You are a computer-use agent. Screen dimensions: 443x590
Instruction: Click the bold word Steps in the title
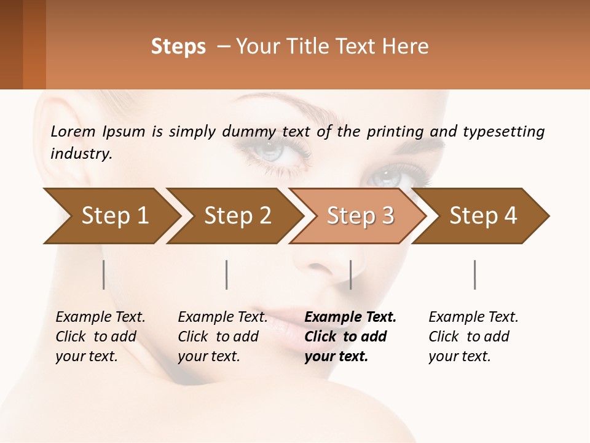point(178,47)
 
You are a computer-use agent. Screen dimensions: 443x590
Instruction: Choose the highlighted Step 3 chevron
point(360,215)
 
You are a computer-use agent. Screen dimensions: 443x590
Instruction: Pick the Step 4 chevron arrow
point(483,215)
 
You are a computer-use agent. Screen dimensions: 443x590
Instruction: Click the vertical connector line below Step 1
point(104,274)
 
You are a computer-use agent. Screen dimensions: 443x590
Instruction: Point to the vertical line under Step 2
point(227,274)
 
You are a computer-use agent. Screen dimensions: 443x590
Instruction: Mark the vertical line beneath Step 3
point(350,274)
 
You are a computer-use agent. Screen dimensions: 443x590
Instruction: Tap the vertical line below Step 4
point(474,274)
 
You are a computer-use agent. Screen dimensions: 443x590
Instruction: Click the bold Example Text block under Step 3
point(350,337)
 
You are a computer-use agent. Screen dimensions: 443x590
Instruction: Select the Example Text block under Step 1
point(100,337)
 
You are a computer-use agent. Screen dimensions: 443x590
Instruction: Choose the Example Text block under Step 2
point(222,337)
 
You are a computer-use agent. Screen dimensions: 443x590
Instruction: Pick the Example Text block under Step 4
point(473,337)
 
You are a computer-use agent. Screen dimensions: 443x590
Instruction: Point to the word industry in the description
point(81,154)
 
